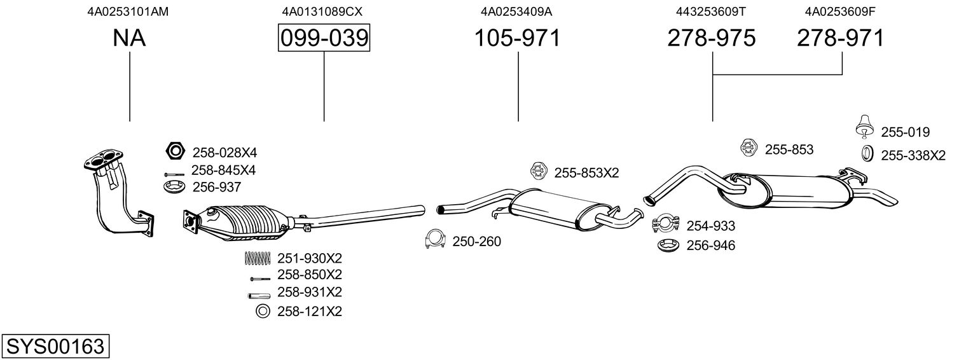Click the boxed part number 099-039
point(324,39)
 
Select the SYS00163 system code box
point(55,347)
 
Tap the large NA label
point(129,39)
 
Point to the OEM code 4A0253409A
point(518,11)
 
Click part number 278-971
point(840,39)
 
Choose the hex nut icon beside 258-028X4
point(174,151)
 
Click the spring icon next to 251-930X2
point(257,258)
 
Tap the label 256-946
point(710,246)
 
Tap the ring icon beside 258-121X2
point(261,312)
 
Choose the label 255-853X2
point(586,172)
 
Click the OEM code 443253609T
point(712,11)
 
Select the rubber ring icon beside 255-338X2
point(866,153)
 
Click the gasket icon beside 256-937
point(174,187)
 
